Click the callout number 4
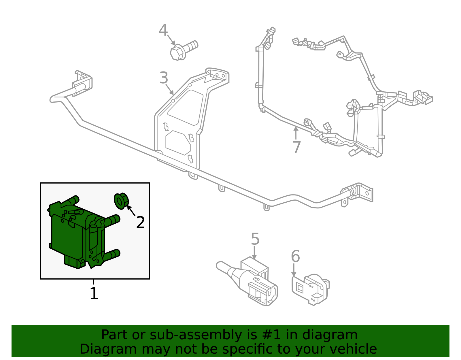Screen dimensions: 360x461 click(163, 30)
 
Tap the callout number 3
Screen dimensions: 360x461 click(164, 78)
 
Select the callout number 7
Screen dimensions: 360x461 click(296, 147)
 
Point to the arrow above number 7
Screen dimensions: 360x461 click(296, 133)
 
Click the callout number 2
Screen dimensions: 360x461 click(140, 223)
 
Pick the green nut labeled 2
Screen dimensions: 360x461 click(121, 201)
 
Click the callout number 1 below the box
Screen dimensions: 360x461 click(94, 294)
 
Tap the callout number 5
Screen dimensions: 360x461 click(255, 239)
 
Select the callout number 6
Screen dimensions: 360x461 click(295, 256)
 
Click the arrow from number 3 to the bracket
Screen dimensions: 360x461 click(170, 90)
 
